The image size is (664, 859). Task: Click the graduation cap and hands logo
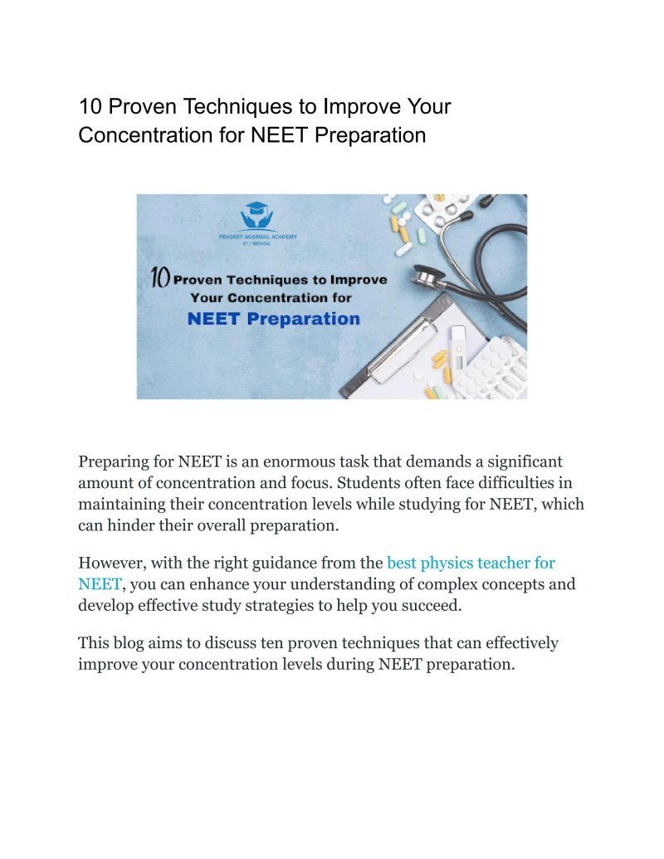point(258,217)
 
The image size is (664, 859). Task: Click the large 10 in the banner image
point(160,278)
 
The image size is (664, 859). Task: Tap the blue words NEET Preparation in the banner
point(274,319)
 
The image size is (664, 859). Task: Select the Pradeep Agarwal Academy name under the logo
point(258,237)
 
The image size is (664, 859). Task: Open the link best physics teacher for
point(471,564)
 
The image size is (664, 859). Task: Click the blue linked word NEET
point(99,583)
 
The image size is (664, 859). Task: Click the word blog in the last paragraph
point(131,643)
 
